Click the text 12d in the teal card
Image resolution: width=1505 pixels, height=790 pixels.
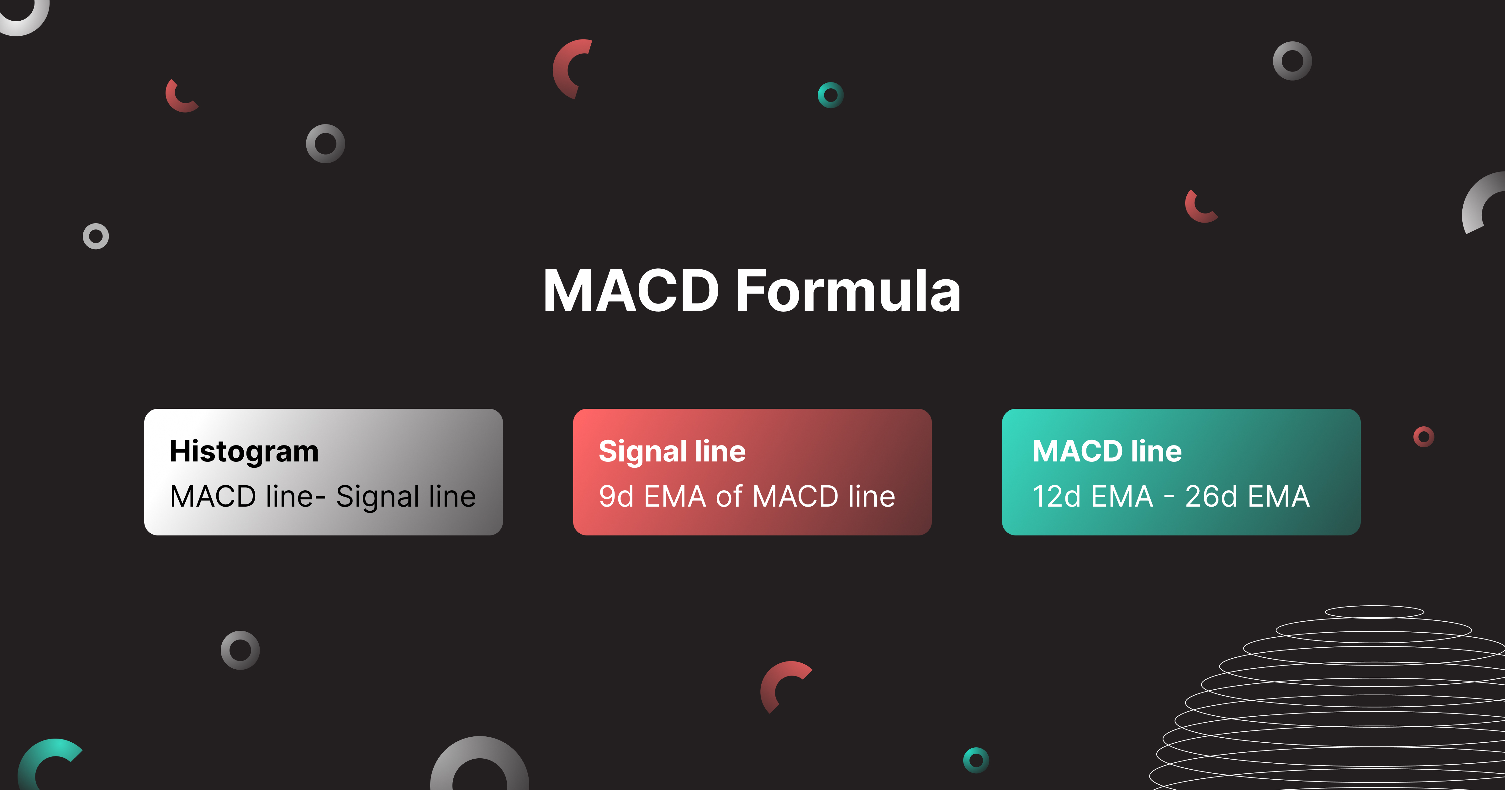pos(1056,497)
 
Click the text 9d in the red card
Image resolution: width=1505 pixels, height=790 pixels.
pos(616,497)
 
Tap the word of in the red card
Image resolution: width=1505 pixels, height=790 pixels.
pos(729,497)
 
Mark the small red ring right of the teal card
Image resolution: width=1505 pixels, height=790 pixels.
pos(1424,436)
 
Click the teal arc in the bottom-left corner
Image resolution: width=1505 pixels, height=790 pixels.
pos(41,760)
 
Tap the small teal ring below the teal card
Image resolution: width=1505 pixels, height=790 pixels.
pos(976,760)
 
